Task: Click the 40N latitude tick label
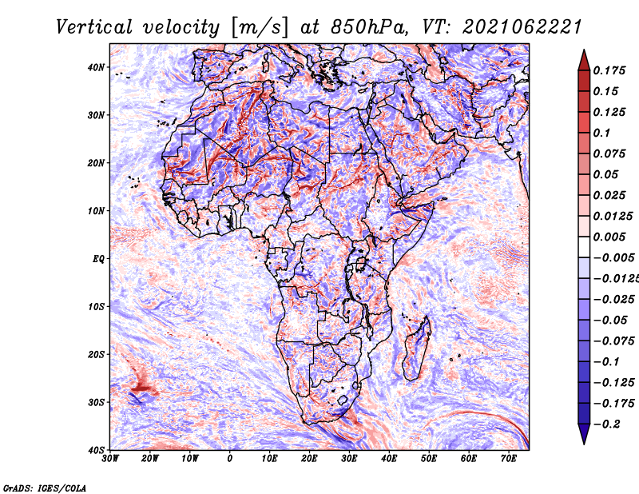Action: click(96, 67)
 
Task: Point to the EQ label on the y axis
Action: click(98, 259)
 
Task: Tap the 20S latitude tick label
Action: click(96, 354)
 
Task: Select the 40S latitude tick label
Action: click(96, 450)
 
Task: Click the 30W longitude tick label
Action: click(110, 459)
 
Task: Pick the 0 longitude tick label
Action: click(230, 459)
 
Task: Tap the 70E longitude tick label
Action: click(508, 459)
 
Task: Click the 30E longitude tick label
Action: click(349, 459)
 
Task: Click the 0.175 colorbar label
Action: click(609, 70)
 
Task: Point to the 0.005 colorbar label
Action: click(609, 237)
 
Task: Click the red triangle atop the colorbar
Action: click(584, 62)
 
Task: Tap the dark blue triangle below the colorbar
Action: click(584, 432)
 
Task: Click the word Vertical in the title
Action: click(94, 28)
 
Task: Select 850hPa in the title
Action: click(369, 28)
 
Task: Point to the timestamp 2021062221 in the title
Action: click(522, 28)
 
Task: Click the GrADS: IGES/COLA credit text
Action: click(45, 488)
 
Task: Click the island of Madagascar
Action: click(417, 349)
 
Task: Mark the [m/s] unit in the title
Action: click(260, 28)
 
